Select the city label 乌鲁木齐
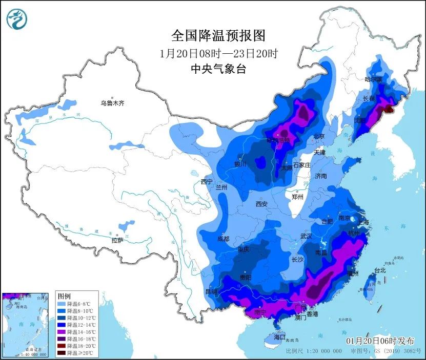tap(112, 103)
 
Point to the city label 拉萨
tap(117, 240)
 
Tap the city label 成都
tap(223, 239)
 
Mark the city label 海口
tap(279, 337)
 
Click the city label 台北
tap(379, 270)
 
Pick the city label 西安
tap(261, 204)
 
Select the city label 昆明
tap(211, 291)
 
